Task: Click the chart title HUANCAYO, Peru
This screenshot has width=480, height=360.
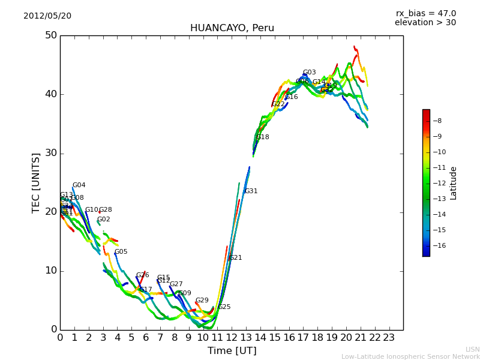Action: coord(232,28)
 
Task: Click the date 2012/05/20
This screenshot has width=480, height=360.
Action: coord(47,16)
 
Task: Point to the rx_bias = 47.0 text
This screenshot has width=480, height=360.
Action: coord(425,14)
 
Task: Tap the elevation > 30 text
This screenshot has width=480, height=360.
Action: coord(425,23)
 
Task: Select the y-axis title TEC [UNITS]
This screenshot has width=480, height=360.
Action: coord(36,183)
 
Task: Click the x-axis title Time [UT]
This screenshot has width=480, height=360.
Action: coord(232,351)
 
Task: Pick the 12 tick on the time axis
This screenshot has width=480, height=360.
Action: coord(232,337)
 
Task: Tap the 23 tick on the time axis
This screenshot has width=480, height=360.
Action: coord(389,337)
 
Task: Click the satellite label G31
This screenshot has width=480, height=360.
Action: coord(251,191)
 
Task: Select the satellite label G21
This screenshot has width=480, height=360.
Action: coord(235,258)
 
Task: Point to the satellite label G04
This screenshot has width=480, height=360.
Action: coord(79,185)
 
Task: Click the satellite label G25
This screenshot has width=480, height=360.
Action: coord(224,307)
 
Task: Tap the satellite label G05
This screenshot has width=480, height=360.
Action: coord(121,252)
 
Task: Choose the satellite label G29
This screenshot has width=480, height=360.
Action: coord(202,301)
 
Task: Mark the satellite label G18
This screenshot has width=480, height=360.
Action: coord(263,137)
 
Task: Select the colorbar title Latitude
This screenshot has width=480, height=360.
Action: coord(454,183)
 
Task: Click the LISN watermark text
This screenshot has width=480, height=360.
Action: coord(472,349)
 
